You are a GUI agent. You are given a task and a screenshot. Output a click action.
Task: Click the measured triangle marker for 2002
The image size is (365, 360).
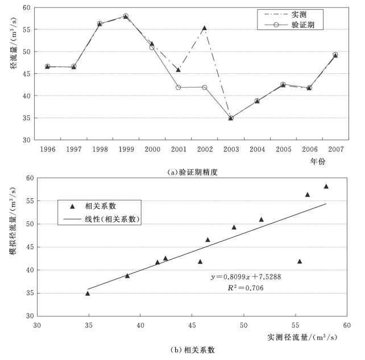pos(205,28)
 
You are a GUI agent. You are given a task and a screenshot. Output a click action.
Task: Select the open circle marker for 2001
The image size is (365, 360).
pos(179,87)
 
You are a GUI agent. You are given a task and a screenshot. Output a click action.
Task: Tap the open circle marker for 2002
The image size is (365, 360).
pos(205,87)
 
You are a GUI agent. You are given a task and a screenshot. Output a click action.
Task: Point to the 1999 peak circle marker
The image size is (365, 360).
pos(126,16)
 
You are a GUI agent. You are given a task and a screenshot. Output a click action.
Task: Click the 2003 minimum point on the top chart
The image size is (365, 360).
pos(231,118)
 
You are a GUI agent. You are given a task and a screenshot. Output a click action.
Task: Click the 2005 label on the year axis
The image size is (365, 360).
pos(283,149)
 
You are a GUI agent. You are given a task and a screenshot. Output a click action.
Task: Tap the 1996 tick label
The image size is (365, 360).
pos(47,149)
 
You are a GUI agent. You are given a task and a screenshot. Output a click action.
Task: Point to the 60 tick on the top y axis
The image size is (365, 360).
pos(26,7)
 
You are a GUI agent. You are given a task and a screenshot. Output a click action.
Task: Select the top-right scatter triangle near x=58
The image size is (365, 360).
pos(326,187)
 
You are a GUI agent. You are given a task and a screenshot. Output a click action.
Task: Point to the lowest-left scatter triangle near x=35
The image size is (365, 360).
pos(88,294)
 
